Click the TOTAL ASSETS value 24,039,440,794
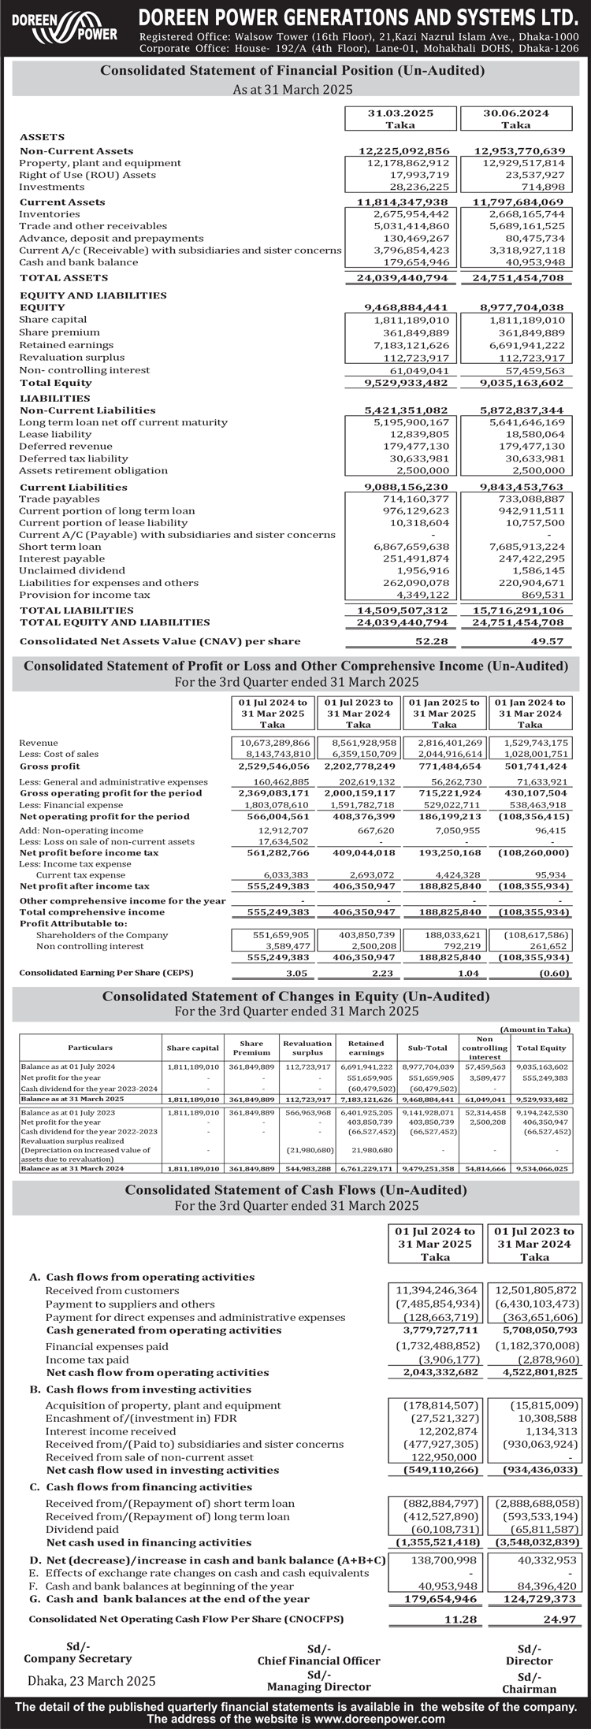pyautogui.click(x=403, y=278)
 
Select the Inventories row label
pyautogui.click(x=49, y=214)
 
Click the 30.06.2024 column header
pyautogui.click(x=516, y=119)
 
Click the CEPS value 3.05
pyautogui.click(x=295, y=973)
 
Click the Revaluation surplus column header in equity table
pyautogui.click(x=307, y=1048)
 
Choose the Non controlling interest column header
pyautogui.click(x=485, y=1048)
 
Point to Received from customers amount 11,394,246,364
pyautogui.click(x=437, y=1290)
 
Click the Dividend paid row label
pyautogui.click(x=80, y=1529)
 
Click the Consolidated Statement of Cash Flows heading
pyautogui.click(x=295, y=1190)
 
